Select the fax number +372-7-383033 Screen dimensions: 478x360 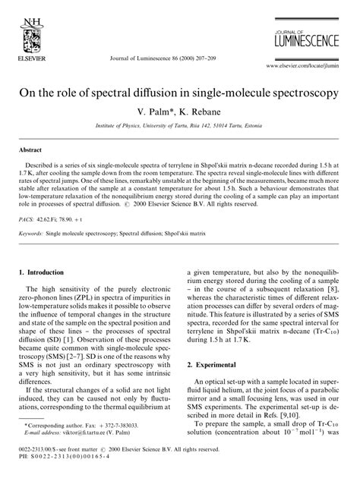click(118, 445)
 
